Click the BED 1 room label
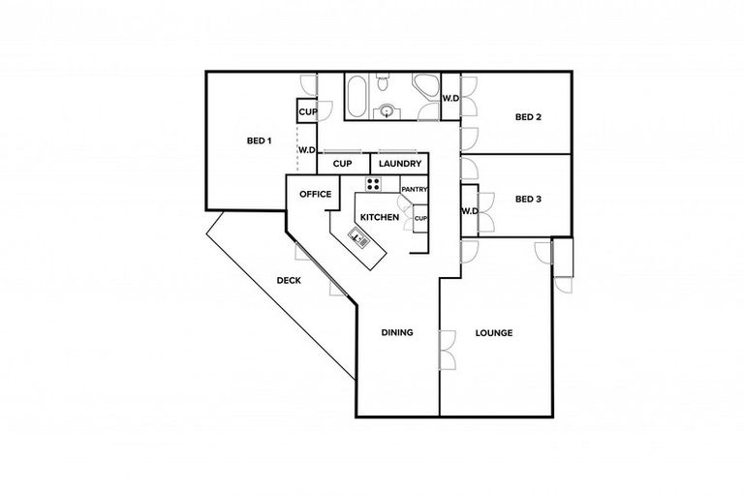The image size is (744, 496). pos(259,141)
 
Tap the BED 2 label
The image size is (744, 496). pos(527,118)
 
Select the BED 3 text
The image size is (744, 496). pos(527,200)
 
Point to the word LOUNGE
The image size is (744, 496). pos(493,333)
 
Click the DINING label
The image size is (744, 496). pos(397,332)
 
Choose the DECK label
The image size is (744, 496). pos(288,281)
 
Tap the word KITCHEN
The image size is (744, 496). pos(380,218)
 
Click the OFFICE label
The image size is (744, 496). pos(315,194)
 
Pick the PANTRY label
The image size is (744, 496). pos(415,189)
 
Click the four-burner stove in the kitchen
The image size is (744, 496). pos(373,184)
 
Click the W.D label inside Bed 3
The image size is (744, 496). pos(469,211)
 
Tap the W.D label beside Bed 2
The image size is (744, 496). pos(450,98)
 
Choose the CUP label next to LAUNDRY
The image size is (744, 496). pos(342,164)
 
